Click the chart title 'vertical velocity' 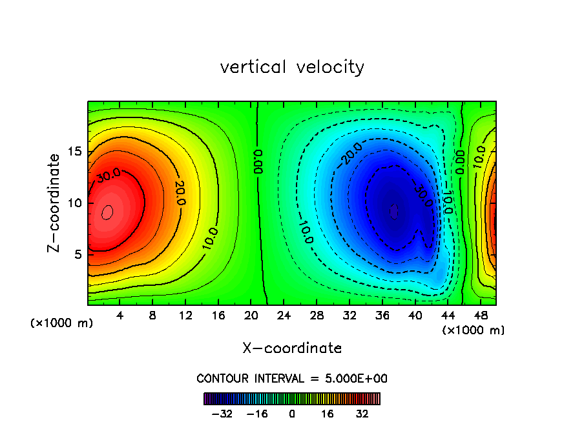point(292,67)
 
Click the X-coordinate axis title point(292,348)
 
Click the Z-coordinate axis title point(56,203)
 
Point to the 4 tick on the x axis point(120,317)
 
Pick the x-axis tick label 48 point(481,317)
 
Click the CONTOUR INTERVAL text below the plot point(292,378)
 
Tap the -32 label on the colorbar point(222,414)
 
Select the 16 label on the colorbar point(328,414)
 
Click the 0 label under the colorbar point(292,414)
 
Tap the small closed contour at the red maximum point(107,211)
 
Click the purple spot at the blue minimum point(394,211)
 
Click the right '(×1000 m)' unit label point(474,330)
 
